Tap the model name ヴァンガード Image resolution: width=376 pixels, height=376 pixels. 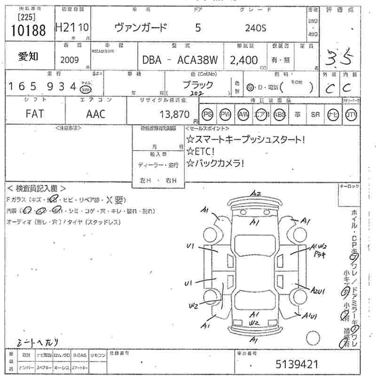[141, 28]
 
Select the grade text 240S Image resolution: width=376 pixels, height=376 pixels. [255, 28]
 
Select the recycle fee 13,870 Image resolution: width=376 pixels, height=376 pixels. [174, 114]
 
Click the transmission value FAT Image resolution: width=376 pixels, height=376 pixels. [36, 114]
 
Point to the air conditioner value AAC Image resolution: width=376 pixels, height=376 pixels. [96, 114]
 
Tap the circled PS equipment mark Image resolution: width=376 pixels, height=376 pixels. [207, 114]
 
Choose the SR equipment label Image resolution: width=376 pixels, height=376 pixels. [315, 114]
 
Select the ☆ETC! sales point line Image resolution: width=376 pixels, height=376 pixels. [201, 151]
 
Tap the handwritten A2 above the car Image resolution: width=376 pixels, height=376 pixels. [255, 194]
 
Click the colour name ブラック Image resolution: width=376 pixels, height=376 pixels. [197, 85]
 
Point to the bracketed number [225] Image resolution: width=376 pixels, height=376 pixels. [25, 17]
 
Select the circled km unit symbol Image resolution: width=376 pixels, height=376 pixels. [86, 89]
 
